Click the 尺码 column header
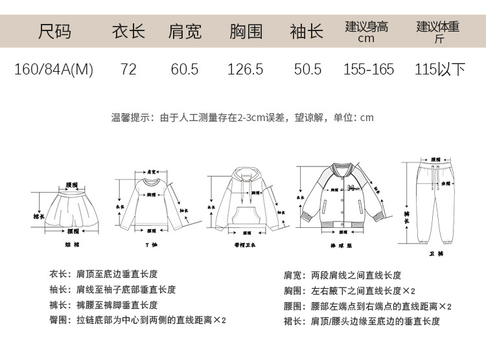[x=54, y=31]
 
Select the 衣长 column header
[x=128, y=31]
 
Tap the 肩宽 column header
[x=185, y=31]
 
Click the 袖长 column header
[x=307, y=31]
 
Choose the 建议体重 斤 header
[x=438, y=31]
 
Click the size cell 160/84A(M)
[x=54, y=69]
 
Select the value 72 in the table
[x=128, y=69]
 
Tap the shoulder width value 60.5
[x=185, y=69]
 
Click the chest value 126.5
[x=246, y=69]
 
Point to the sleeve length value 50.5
[x=308, y=69]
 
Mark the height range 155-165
[x=369, y=69]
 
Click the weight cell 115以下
[x=440, y=69]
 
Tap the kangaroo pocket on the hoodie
[x=244, y=217]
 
